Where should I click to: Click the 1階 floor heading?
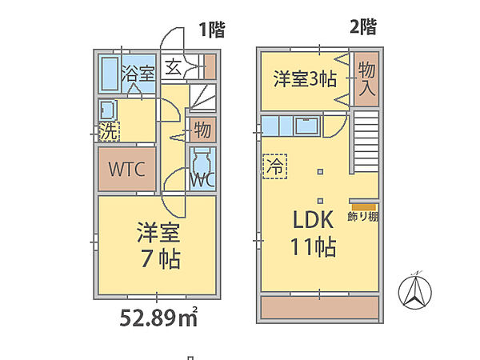click(212, 30)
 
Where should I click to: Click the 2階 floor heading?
click(362, 26)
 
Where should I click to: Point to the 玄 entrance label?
click(173, 67)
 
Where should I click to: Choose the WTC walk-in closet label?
click(126, 170)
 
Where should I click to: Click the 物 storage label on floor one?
click(202, 128)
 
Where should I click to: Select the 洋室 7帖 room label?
click(157, 245)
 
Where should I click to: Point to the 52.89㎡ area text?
click(158, 318)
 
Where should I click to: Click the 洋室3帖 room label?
click(304, 79)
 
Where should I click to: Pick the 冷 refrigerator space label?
click(273, 167)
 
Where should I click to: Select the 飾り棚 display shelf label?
click(362, 217)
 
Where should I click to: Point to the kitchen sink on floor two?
click(306, 126)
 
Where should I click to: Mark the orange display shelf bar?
click(362, 206)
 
